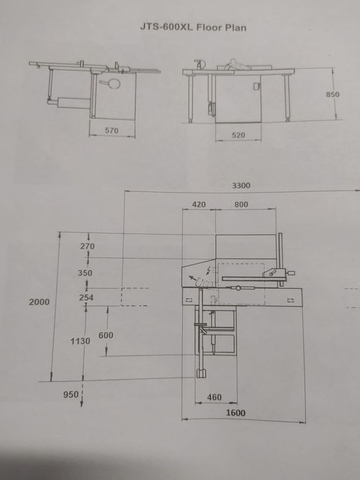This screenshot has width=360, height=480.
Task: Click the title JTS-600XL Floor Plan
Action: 193,27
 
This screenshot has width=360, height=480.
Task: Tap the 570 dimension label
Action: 111,131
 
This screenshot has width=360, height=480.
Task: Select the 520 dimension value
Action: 238,135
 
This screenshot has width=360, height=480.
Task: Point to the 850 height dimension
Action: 333,95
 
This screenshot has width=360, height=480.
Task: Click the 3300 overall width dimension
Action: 241,186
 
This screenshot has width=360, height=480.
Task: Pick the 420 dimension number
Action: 199,204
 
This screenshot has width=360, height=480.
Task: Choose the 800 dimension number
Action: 241,204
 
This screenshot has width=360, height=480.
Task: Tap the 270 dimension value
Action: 87,246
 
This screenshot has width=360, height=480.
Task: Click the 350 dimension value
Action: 85,273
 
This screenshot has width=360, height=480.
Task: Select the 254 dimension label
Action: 86,297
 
